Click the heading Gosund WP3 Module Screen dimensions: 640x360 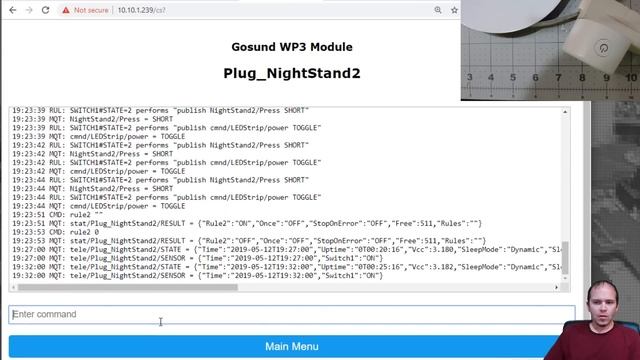291,47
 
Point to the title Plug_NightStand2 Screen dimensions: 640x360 291,73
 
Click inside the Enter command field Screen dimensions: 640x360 291,314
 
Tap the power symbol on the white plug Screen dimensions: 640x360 603,48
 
